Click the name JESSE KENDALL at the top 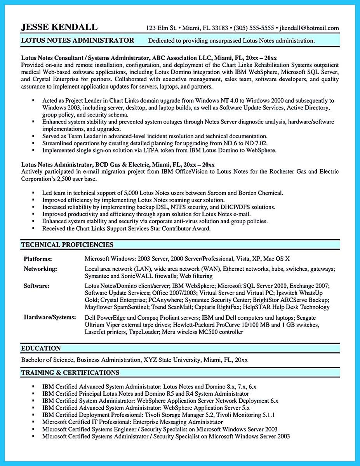click(59, 27)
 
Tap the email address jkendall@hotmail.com click(309, 28)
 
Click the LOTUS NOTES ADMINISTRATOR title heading click(78, 40)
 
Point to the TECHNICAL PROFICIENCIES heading click(67, 245)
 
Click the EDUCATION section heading click(41, 348)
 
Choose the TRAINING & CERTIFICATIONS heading click(70, 373)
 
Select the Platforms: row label click(38, 259)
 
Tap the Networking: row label click(40, 269)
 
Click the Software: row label click(37, 286)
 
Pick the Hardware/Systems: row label click(50, 317)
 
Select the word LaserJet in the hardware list click(96, 332)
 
